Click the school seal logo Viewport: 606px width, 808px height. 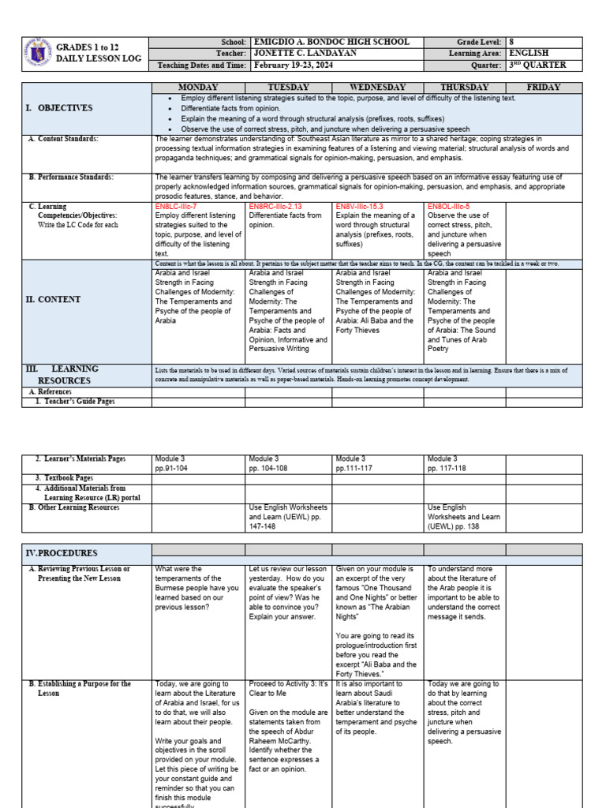pyautogui.click(x=37, y=53)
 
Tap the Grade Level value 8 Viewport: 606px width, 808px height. pyautogui.click(x=512, y=42)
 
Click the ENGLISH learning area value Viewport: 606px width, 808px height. pyautogui.click(x=530, y=54)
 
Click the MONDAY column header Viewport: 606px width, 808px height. pyautogui.click(x=200, y=88)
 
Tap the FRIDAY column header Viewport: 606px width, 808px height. pyautogui.click(x=544, y=88)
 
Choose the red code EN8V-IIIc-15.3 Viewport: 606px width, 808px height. pyautogui.click(x=365, y=207)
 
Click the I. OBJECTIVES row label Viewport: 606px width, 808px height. pyautogui.click(x=62, y=108)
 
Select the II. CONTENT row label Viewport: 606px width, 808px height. pyautogui.click(x=58, y=300)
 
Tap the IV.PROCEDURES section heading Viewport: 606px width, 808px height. pyautogui.click(x=62, y=553)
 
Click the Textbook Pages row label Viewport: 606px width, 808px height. pyautogui.click(x=64, y=478)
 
